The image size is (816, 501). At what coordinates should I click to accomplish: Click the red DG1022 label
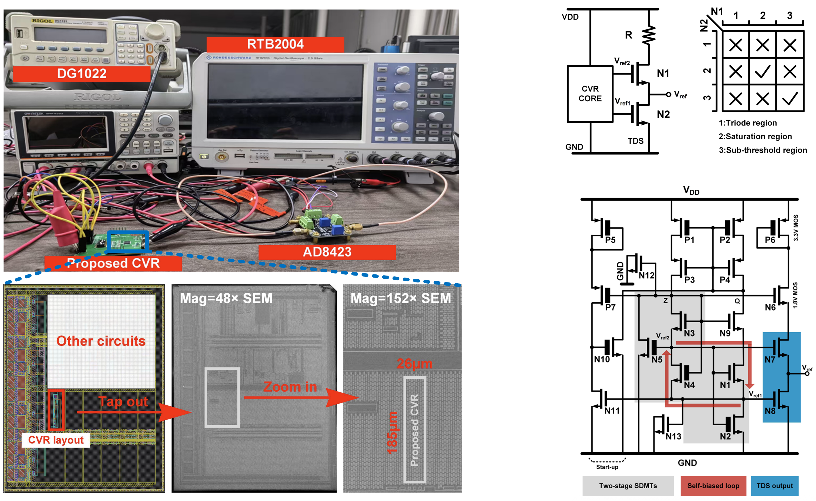point(81,73)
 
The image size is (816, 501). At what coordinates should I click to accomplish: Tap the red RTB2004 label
point(275,44)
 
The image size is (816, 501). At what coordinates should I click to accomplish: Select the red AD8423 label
point(327,252)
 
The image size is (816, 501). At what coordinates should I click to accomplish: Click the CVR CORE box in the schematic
point(590,94)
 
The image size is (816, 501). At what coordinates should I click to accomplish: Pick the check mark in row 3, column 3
point(790,98)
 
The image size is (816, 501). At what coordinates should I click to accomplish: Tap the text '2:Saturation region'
point(755,136)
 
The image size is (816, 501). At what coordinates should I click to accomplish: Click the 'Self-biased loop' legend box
point(713,486)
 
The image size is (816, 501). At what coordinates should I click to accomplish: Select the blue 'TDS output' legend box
point(775,486)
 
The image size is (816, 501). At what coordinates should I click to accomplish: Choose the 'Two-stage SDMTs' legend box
point(628,486)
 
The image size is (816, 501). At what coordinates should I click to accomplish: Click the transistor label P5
point(610,240)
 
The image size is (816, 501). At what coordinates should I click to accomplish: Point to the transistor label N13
point(673,437)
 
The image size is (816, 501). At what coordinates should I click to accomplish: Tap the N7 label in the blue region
point(770,360)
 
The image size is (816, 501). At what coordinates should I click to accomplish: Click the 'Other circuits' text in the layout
point(101,341)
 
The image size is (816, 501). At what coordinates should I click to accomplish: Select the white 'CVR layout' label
point(56,440)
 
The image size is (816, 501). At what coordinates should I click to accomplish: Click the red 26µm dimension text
point(415,364)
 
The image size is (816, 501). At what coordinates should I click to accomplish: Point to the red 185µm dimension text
point(392,432)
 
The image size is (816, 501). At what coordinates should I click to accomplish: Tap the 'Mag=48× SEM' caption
point(226,298)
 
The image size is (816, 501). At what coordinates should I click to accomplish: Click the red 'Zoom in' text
point(290,387)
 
